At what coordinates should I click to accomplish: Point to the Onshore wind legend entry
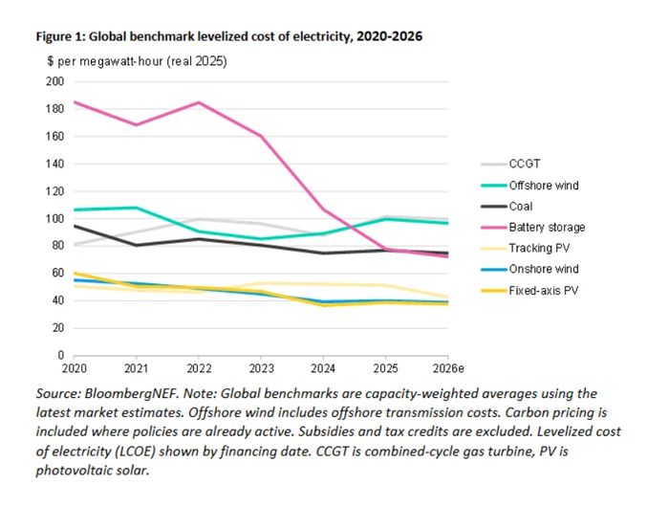540,270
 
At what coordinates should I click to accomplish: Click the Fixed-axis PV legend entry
541,291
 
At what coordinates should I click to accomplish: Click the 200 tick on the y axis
54,81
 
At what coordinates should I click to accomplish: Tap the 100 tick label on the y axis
54,218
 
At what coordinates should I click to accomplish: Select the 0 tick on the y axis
59,355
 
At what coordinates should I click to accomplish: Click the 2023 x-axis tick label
262,367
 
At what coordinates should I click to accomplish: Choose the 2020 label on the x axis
74,367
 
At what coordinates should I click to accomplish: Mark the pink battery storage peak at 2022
198,102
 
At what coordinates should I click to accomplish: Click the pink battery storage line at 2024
324,209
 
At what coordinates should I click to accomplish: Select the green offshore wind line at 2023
261,239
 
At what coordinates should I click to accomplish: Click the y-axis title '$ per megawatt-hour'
105,60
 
